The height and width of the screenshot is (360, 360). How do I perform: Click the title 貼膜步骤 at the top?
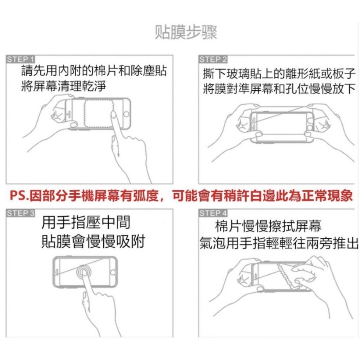(186, 32)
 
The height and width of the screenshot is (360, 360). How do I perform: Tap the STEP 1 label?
(21, 59)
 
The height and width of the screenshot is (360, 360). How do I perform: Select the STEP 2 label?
(213, 59)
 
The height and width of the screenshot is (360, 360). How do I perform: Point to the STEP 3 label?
(21, 213)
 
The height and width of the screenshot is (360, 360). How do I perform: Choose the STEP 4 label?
(213, 213)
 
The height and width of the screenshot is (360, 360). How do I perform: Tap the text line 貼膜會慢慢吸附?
(93, 241)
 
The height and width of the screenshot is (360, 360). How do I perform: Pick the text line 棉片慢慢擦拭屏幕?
(268, 226)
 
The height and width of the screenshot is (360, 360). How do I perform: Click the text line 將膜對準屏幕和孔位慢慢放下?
(279, 89)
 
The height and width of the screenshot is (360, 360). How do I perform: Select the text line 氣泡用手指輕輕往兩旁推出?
(279, 244)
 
